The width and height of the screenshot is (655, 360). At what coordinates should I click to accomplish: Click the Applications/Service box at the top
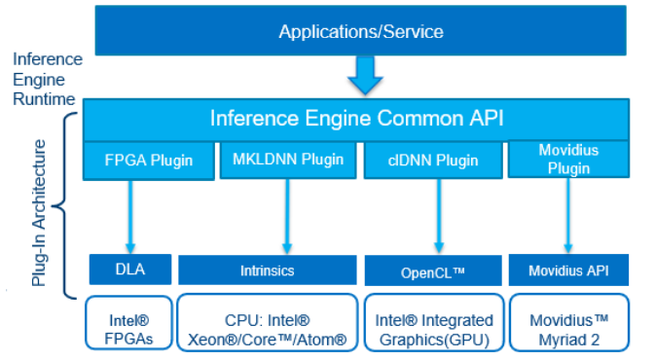point(361,32)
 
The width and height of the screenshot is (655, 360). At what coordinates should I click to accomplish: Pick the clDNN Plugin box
point(433,161)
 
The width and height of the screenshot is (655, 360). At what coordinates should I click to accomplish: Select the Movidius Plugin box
point(568,159)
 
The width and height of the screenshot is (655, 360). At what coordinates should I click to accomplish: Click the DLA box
point(129,268)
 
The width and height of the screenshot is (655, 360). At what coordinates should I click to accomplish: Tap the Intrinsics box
point(267,270)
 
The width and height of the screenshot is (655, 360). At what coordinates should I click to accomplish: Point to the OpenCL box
point(433,270)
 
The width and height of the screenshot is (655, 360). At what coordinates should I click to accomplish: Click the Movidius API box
point(568,270)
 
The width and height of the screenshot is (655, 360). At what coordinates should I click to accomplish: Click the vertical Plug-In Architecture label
point(38,212)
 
